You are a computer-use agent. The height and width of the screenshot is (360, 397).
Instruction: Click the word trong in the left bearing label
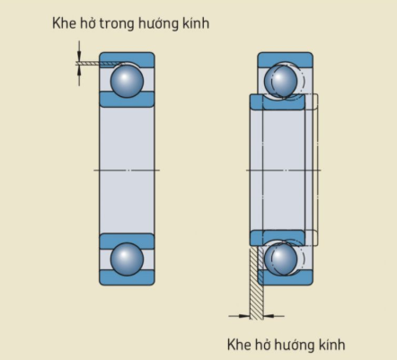tap(117, 24)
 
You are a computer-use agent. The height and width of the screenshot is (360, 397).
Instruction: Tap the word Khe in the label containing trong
tap(64, 23)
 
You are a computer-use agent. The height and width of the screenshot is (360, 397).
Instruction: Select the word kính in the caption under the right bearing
tap(332, 344)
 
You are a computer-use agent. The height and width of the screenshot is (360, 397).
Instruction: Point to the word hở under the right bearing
tap(261, 344)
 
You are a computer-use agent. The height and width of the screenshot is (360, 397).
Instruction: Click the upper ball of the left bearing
tap(127, 81)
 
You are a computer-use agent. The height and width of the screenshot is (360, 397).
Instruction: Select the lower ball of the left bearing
tap(127, 259)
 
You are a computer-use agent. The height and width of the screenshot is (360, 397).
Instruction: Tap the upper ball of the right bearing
tap(280, 81)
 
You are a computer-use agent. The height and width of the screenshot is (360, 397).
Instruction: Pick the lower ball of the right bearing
tap(280, 259)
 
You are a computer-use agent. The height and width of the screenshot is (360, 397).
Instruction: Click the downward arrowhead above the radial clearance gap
tap(79, 57)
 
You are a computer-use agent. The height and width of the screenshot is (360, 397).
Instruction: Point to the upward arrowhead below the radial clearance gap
tap(79, 71)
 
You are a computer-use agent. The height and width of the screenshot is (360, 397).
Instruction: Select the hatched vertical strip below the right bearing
tap(257, 283)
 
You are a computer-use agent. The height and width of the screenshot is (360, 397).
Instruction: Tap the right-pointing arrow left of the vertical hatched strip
tap(239, 316)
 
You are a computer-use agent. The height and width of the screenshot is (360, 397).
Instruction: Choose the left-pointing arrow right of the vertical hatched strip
tap(274, 316)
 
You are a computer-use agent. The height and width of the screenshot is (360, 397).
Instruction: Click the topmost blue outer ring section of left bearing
tap(127, 58)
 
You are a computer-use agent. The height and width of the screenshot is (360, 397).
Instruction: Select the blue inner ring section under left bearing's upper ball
tap(127, 100)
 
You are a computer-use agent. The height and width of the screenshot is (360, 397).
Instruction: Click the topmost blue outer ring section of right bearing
tap(286, 58)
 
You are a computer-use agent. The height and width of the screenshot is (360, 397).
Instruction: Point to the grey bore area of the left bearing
tap(127, 170)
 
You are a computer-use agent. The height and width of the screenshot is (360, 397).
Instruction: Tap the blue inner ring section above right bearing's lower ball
tap(278, 237)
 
